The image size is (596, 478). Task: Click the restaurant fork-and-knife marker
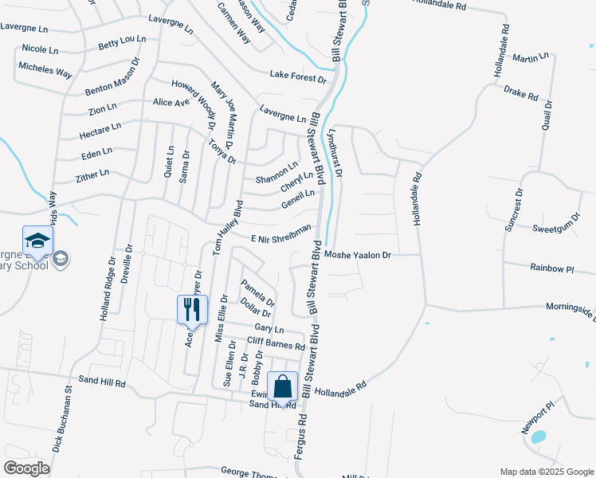click(x=192, y=309)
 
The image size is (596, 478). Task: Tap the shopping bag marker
click(x=283, y=387)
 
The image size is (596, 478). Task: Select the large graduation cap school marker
click(x=37, y=241)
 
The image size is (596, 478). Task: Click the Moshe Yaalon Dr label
click(x=358, y=255)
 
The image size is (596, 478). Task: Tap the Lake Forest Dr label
click(x=298, y=77)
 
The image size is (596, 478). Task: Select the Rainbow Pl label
click(x=553, y=269)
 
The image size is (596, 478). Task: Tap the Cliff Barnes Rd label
click(x=276, y=343)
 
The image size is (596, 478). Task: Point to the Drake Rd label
click(x=521, y=93)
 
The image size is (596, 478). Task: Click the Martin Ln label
click(x=531, y=58)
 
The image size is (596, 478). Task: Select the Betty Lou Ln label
click(x=121, y=41)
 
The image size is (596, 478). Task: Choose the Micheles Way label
click(x=45, y=70)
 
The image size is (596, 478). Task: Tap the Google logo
click(x=27, y=468)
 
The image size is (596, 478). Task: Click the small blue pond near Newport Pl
click(x=538, y=437)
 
